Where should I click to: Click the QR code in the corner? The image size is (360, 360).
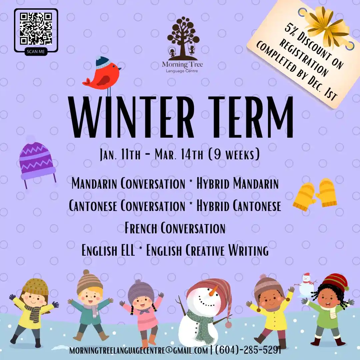[36, 29]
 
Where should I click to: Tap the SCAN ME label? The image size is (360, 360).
[36, 51]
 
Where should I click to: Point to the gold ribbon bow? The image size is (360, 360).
[326, 25]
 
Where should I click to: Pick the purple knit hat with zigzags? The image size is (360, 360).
[37, 162]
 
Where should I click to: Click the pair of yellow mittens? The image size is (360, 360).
[315, 194]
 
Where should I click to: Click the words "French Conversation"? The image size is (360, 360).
[175, 228]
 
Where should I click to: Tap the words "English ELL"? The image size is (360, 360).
[108, 250]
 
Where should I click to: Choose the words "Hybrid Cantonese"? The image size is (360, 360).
[239, 205]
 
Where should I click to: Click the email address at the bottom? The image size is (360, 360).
[139, 351]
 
